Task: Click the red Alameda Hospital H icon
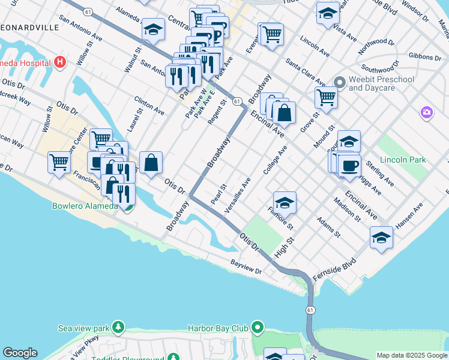tap(59, 61)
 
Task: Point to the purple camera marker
tap(427, 112)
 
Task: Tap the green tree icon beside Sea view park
tap(119, 328)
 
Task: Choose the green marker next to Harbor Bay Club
tap(258, 328)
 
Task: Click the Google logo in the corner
tap(20, 353)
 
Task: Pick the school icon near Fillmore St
tap(285, 202)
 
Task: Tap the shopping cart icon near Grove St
tap(326, 97)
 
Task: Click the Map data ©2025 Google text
tap(411, 355)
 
